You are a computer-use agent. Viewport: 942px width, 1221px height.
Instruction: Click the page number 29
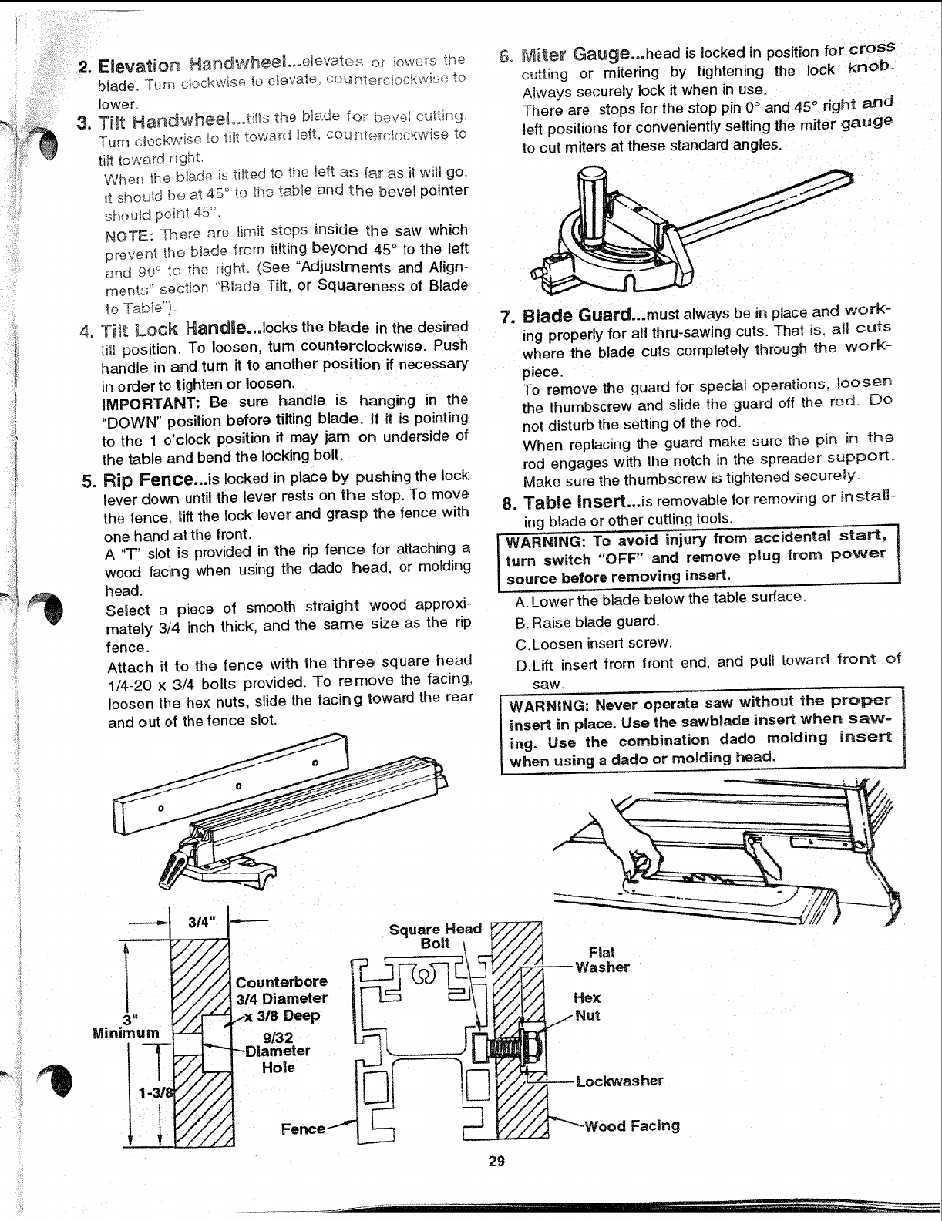click(496, 1161)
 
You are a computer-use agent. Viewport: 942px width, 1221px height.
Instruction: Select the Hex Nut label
click(587, 1007)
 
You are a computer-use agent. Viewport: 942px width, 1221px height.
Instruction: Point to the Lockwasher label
click(619, 1080)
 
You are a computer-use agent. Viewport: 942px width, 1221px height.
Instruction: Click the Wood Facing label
click(632, 1125)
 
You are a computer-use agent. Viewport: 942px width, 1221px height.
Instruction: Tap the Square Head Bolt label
click(435, 937)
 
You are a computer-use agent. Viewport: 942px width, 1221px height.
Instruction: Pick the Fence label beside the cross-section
click(303, 1128)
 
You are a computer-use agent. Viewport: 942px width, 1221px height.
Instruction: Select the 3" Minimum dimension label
click(126, 1025)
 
